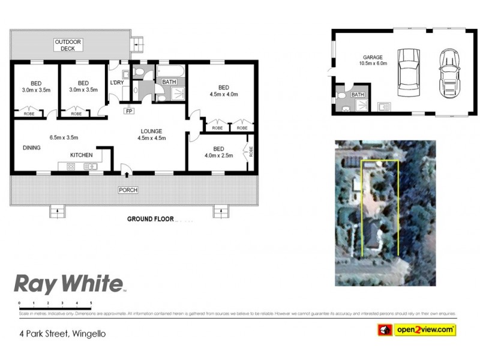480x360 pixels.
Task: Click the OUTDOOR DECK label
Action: [x=68, y=45]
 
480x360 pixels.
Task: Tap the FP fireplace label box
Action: [x=129, y=111]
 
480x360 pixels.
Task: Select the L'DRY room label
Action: [x=116, y=83]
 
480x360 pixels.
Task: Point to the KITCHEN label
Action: [x=81, y=155]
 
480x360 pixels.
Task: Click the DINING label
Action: [x=31, y=148]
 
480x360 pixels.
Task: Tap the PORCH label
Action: [x=128, y=190]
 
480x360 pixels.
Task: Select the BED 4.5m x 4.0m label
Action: [x=224, y=91]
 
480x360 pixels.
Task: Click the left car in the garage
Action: [x=409, y=73]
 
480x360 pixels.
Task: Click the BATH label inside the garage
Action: [x=358, y=95]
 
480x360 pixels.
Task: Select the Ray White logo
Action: [x=68, y=283]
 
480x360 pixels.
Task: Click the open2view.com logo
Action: [x=416, y=329]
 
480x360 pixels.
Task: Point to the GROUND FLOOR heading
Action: [x=150, y=219]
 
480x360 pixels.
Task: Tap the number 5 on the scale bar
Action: [x=91, y=304]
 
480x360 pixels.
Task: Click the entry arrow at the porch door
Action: [x=127, y=174]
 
